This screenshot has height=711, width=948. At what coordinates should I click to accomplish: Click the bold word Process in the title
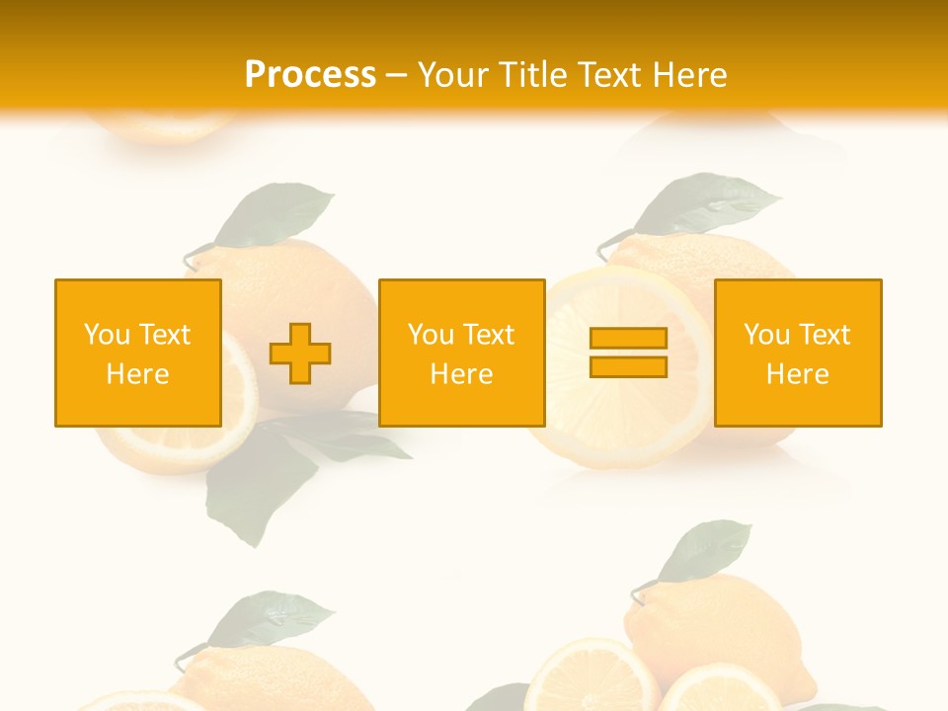[310, 74]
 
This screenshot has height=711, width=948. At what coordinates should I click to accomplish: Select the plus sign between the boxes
[300, 354]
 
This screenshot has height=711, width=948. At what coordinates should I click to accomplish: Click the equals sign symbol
[628, 353]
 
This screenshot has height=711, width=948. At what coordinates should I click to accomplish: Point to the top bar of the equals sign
[628, 339]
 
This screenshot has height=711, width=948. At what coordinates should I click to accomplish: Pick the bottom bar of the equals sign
[628, 366]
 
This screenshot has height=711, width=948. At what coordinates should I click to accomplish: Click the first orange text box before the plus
[138, 353]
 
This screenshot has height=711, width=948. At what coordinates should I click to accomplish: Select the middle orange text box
[461, 353]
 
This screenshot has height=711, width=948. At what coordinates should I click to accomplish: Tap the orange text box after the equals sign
[798, 353]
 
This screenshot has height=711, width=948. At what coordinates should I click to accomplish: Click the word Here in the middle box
[461, 374]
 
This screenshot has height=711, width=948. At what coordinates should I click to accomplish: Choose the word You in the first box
[107, 335]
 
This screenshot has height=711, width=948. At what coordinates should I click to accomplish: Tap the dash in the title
[397, 75]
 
